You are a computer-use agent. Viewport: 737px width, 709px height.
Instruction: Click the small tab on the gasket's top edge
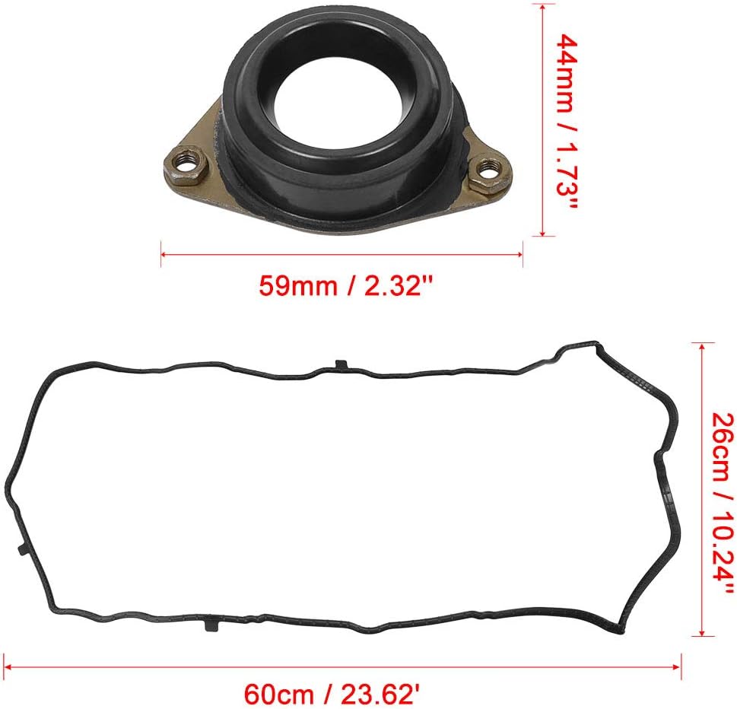click(340, 364)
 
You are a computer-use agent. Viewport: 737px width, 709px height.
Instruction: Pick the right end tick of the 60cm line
click(680, 666)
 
